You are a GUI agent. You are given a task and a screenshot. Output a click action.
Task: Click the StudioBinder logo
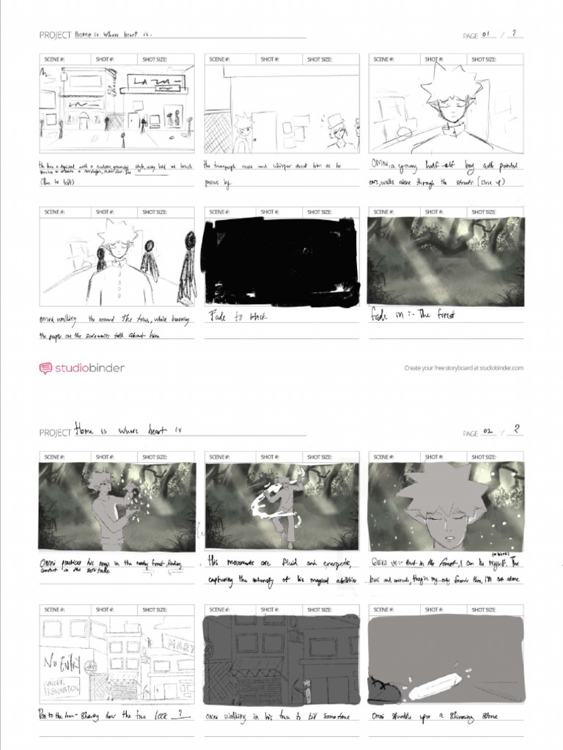(81, 368)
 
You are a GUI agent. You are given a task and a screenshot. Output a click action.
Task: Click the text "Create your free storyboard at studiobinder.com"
(464, 368)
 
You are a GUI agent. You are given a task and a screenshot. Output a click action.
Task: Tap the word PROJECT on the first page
(55, 35)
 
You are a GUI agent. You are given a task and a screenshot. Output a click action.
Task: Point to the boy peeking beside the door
(244, 132)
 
